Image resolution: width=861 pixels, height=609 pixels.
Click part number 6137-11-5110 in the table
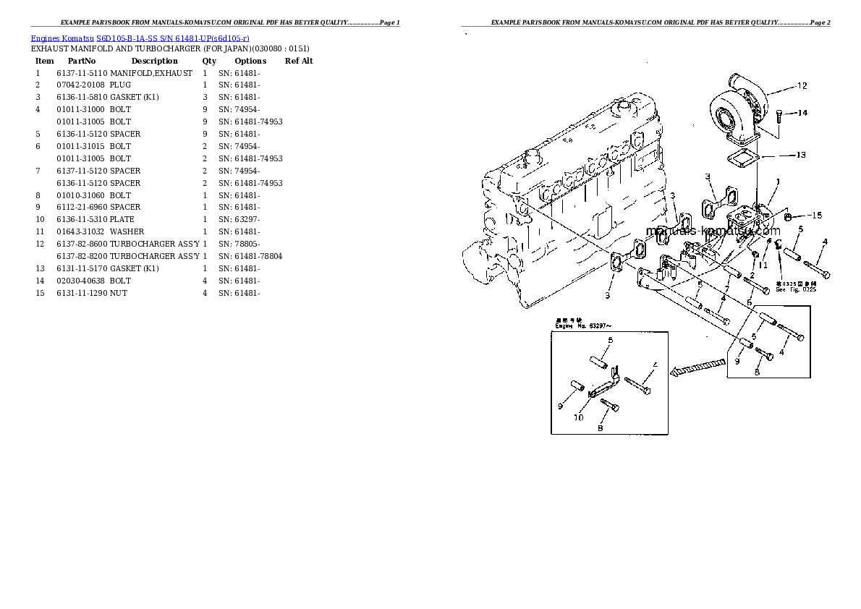82,73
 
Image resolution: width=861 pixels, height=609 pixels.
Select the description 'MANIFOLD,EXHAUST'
151,73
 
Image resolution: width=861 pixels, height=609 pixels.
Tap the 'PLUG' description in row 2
120,85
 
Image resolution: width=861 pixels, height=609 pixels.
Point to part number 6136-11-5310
82,219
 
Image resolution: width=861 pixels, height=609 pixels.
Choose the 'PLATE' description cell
122,219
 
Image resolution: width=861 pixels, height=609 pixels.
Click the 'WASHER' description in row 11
127,231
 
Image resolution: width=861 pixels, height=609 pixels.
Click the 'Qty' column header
209,61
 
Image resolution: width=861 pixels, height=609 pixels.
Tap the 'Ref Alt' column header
299,61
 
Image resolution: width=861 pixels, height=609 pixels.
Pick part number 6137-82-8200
82,256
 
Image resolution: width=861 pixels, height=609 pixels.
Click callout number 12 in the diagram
801,86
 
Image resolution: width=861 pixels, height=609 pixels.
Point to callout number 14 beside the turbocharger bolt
802,113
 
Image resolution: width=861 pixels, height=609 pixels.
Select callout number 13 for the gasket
800,155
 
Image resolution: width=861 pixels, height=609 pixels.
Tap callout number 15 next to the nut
816,216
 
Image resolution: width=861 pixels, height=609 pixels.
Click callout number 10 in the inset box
578,417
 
